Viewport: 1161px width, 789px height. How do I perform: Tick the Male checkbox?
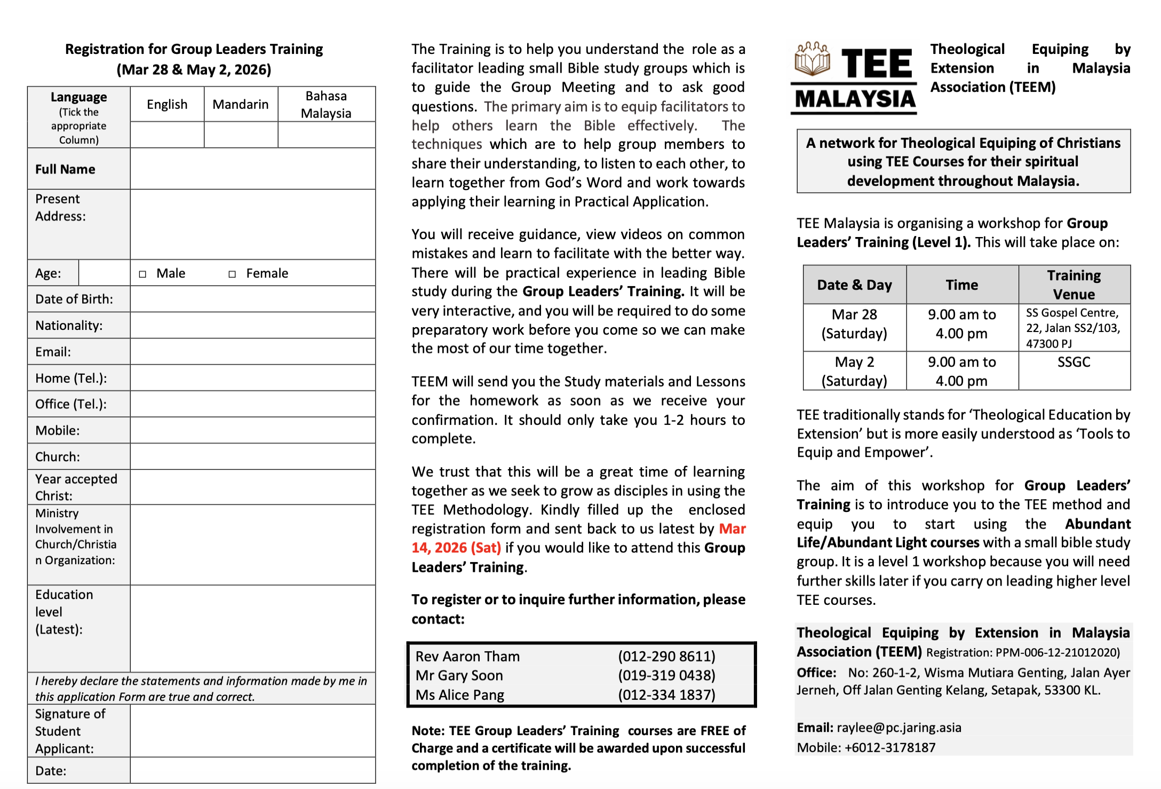tap(142, 274)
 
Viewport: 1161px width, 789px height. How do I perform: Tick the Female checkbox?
tap(232, 274)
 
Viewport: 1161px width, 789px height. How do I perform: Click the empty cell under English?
tap(167, 135)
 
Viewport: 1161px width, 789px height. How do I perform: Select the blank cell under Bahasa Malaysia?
tap(327, 135)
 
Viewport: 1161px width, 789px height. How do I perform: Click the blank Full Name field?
tap(252, 169)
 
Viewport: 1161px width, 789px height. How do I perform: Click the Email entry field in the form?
tap(252, 352)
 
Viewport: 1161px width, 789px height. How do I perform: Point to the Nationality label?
tap(69, 326)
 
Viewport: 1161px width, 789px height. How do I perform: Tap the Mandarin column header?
tap(241, 105)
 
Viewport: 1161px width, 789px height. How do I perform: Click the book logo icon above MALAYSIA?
tap(812, 60)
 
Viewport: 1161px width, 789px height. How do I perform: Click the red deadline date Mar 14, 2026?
tap(456, 548)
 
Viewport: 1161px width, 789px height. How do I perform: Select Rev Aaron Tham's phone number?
tap(666, 656)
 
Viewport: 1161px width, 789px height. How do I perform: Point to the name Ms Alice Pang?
tap(460, 695)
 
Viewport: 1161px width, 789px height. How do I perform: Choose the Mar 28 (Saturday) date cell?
tap(854, 324)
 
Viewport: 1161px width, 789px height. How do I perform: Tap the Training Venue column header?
tap(1073, 285)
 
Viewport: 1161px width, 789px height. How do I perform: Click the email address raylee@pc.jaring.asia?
tap(898, 728)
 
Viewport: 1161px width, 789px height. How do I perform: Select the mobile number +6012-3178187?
tap(890, 747)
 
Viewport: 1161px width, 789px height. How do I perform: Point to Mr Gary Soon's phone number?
tap(666, 675)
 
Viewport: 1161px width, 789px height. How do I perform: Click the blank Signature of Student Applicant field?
tap(252, 731)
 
